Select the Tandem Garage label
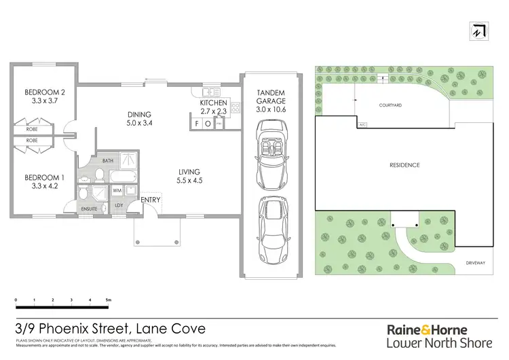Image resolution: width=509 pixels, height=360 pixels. [270, 96]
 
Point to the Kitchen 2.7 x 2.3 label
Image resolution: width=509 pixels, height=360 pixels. [212, 107]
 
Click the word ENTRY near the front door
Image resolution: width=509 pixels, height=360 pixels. [150, 200]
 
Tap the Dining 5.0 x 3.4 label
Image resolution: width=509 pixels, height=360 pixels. [138, 119]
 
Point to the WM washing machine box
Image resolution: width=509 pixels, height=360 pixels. [117, 191]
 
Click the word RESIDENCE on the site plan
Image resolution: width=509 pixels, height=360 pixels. [404, 165]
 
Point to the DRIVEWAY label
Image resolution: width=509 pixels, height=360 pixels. [474, 259]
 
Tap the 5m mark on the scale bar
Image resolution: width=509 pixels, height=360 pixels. [107, 300]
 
